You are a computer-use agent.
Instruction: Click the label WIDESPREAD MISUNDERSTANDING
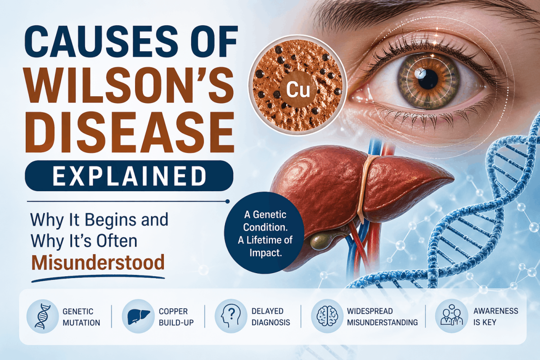(382, 317)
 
